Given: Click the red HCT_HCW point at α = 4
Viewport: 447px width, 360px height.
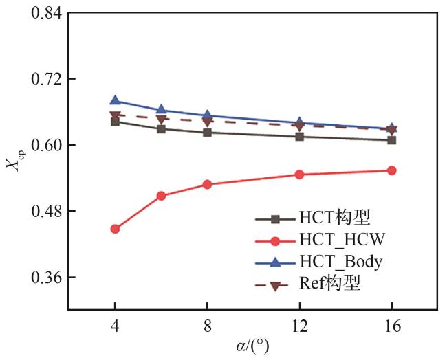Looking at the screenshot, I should [x=115, y=229].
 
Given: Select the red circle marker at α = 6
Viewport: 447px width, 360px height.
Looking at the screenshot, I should [x=161, y=196].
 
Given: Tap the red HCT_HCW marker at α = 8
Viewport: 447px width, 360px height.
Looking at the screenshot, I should [x=207, y=184].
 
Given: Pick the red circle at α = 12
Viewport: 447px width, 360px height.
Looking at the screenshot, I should [x=299, y=175].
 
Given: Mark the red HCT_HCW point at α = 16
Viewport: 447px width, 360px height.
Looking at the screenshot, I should [x=391, y=170].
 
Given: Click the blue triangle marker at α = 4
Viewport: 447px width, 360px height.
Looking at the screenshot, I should [x=115, y=101].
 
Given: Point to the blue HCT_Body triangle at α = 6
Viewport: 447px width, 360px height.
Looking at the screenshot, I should [x=161, y=110].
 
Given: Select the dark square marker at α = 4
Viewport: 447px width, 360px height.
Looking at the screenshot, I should [x=115, y=122].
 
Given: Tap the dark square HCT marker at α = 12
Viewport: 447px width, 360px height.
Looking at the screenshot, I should [x=299, y=137].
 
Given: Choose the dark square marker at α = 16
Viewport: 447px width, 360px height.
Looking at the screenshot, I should [x=391, y=140].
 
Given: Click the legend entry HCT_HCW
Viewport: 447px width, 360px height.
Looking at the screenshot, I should [x=341, y=240].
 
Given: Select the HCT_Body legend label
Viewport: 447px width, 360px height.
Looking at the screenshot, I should [x=340, y=262].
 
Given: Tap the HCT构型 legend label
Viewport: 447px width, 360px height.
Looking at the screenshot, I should [x=334, y=218].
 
